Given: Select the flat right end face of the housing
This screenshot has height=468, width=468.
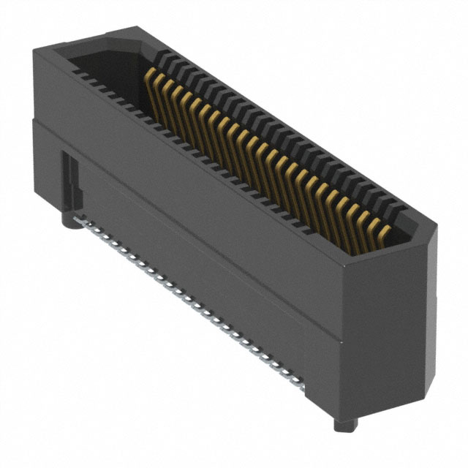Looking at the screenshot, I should tap(395, 329).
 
